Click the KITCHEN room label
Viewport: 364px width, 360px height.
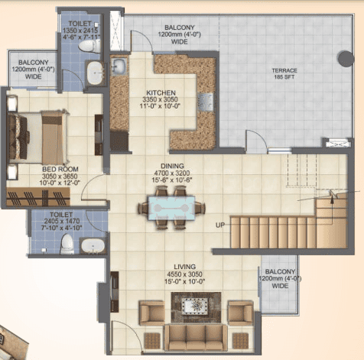coord(161,92)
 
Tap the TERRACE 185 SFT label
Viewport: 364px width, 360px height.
coord(284,73)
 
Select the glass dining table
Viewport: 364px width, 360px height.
coord(171,208)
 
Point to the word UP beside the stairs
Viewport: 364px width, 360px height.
coord(220,225)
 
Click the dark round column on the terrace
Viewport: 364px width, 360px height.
coord(346,59)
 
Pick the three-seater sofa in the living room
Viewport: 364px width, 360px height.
coord(196,338)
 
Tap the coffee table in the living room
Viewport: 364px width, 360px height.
coord(196,307)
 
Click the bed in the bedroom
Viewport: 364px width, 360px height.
coord(38,138)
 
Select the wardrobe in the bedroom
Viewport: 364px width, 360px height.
coord(38,196)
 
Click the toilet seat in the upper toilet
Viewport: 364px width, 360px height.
coord(89,47)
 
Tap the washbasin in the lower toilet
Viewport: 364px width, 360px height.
coord(93,246)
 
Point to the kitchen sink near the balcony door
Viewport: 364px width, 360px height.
coord(119,66)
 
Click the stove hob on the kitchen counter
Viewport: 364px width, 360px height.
coord(206,102)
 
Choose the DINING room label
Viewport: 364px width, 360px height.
coord(172,166)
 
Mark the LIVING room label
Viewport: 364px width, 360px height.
coord(185,267)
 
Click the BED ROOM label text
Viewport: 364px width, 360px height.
coord(60,169)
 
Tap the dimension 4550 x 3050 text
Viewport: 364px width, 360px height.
coord(185,274)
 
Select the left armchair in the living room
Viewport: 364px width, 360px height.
coord(151,313)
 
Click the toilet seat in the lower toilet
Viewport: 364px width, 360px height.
coord(67,244)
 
